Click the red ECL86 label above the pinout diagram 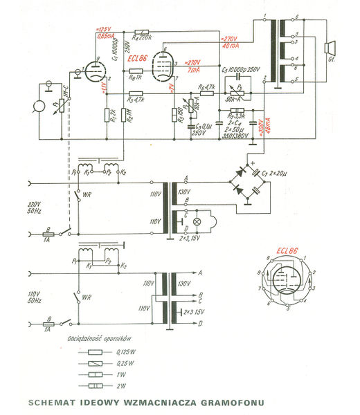click(287, 251)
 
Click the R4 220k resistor click(142, 32)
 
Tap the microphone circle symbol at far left click(33, 109)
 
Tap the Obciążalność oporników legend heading click(95, 338)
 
